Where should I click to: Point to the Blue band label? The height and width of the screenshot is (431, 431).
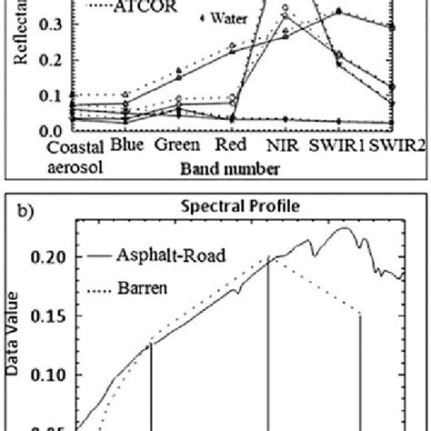coord(128,145)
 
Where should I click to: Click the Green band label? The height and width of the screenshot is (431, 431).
coord(171,145)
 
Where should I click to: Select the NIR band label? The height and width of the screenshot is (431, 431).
coord(279,145)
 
